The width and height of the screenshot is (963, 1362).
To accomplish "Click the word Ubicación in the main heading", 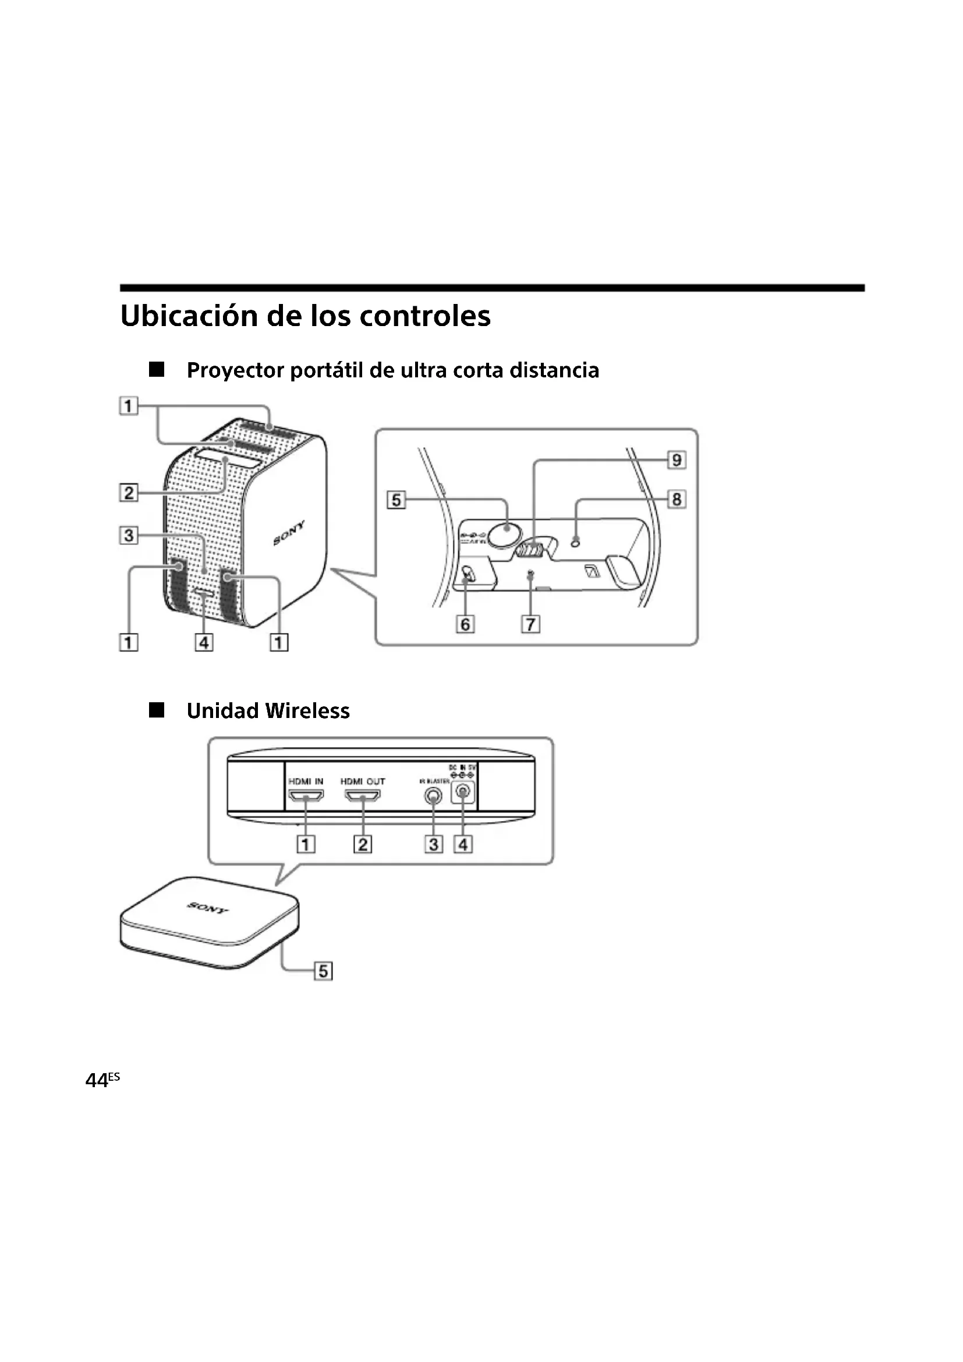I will (189, 316).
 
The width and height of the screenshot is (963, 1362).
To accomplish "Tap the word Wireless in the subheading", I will (307, 710).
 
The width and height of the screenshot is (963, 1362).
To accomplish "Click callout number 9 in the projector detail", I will (676, 460).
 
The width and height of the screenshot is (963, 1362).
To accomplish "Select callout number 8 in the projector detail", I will (676, 500).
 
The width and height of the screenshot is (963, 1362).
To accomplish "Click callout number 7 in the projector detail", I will (530, 625).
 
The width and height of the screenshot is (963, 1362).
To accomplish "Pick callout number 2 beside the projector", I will (129, 493).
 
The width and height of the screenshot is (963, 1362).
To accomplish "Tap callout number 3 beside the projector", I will (129, 536).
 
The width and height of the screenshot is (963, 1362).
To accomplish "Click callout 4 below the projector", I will (204, 642).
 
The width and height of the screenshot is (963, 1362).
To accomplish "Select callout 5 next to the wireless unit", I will (323, 971).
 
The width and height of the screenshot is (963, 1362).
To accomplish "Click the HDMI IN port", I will (306, 797).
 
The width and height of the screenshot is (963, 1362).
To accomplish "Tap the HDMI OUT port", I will (362, 797).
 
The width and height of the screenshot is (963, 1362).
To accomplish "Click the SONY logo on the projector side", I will (289, 533).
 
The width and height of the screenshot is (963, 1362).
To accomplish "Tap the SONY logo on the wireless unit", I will (208, 908).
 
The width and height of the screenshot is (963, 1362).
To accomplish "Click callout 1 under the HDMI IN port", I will (306, 844).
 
